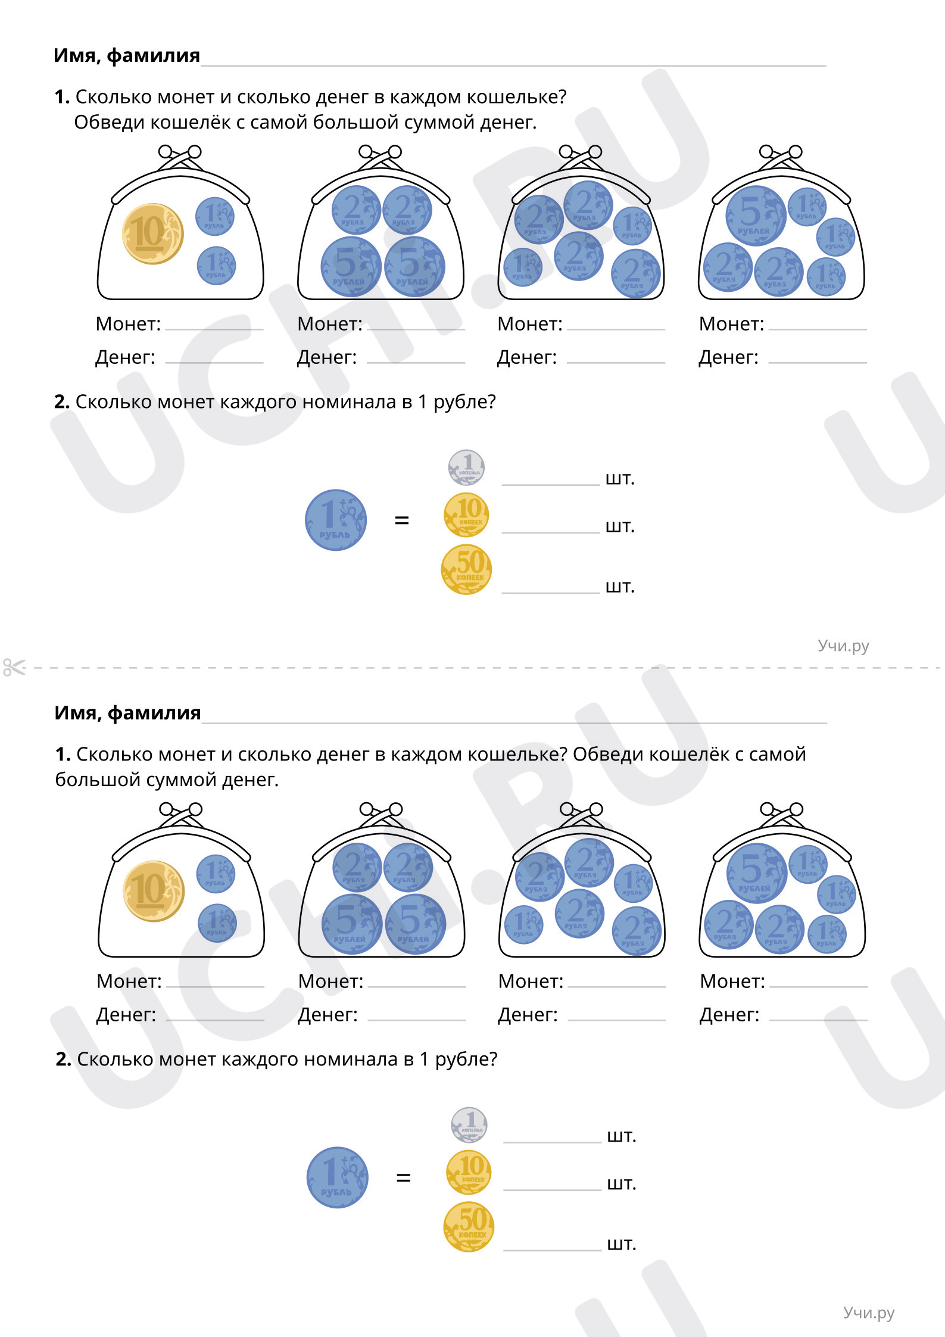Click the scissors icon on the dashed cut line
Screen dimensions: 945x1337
pyautogui.click(x=14, y=667)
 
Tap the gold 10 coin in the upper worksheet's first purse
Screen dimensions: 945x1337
pyautogui.click(x=153, y=233)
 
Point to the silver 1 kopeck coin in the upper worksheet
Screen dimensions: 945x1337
pyautogui.click(x=467, y=468)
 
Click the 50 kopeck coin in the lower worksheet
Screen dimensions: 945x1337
pyautogui.click(x=469, y=1226)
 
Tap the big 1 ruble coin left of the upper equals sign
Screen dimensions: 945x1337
pyautogui.click(x=336, y=520)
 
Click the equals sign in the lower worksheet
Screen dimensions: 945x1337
pyautogui.click(x=403, y=1177)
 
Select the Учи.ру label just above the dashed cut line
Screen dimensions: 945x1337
pyautogui.click(x=843, y=646)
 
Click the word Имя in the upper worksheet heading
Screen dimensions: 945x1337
pyautogui.click(x=75, y=55)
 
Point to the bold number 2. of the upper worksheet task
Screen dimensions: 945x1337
pyautogui.click(x=62, y=402)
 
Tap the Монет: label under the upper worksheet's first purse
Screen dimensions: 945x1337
pyautogui.click(x=128, y=324)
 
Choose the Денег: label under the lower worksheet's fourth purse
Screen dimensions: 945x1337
pyautogui.click(x=729, y=1014)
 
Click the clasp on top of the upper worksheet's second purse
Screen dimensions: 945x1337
pyautogui.click(x=381, y=157)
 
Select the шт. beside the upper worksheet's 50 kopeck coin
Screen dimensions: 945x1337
pyautogui.click(x=620, y=587)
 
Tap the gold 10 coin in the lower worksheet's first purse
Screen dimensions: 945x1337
pyautogui.click(x=154, y=891)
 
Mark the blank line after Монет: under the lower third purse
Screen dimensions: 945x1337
pyautogui.click(x=617, y=987)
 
